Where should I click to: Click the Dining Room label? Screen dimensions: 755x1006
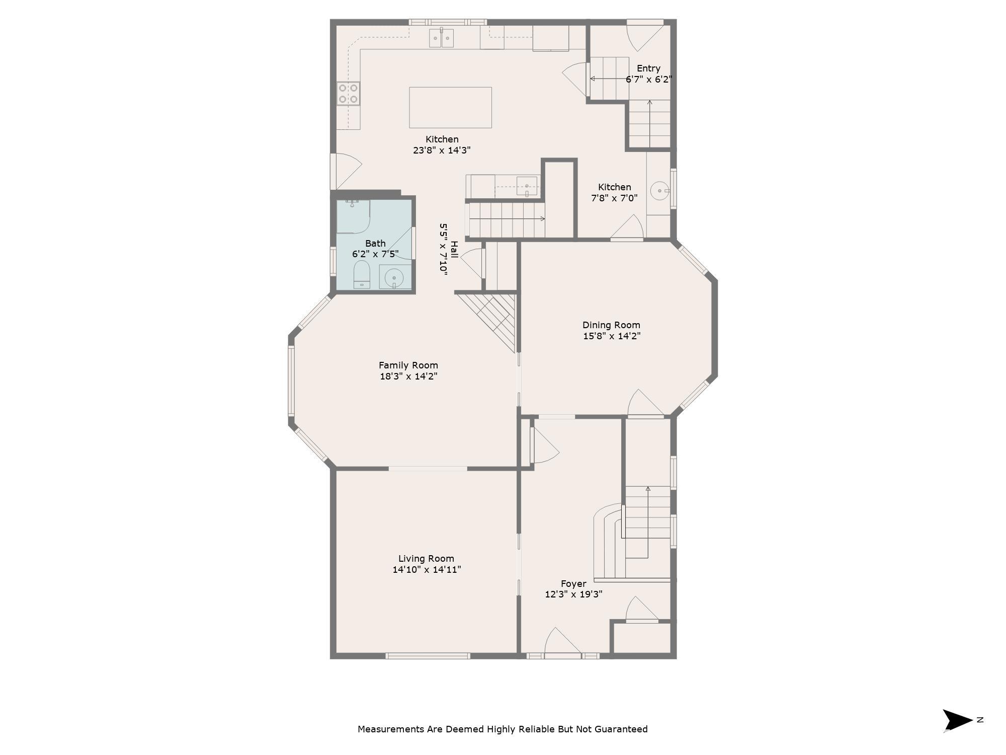(611, 325)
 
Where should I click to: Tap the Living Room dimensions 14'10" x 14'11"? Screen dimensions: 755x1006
(427, 570)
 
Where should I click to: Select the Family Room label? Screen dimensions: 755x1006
(408, 365)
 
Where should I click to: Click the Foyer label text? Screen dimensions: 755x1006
(573, 584)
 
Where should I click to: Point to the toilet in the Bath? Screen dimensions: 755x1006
(362, 275)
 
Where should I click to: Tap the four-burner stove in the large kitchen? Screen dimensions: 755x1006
(348, 94)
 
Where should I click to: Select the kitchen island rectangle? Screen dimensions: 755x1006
(450, 107)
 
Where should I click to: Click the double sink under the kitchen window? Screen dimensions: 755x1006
(441, 38)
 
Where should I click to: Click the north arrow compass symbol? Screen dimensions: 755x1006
(957, 720)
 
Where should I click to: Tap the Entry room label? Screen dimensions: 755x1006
(648, 68)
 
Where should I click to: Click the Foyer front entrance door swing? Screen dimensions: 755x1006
(562, 642)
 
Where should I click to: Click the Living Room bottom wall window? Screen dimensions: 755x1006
(428, 656)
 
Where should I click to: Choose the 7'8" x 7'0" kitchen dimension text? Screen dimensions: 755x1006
(614, 198)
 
